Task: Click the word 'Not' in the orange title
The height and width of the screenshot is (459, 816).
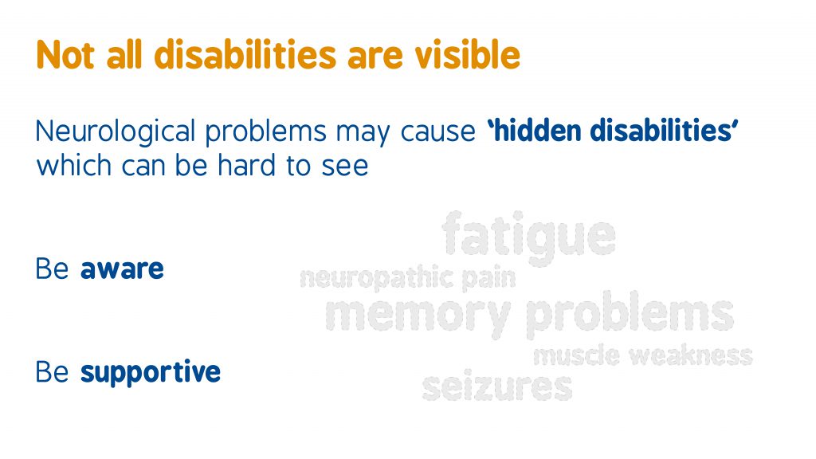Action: click(x=65, y=55)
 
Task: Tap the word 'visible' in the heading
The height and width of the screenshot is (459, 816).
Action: click(x=467, y=55)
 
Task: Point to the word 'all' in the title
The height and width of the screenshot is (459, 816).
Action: click(x=124, y=55)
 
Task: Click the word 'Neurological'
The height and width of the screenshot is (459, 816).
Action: click(x=116, y=132)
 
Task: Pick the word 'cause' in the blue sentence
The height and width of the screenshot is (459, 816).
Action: click(x=437, y=132)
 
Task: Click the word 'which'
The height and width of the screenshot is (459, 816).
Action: click(x=74, y=166)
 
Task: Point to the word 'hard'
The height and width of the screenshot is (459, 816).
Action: click(x=247, y=166)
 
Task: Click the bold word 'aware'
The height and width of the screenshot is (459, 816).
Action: click(x=122, y=269)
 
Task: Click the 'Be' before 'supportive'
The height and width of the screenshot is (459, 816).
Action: click(x=52, y=372)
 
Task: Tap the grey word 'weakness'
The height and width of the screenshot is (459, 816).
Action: click(x=691, y=356)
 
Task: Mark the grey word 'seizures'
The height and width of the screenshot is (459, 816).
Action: click(x=497, y=386)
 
